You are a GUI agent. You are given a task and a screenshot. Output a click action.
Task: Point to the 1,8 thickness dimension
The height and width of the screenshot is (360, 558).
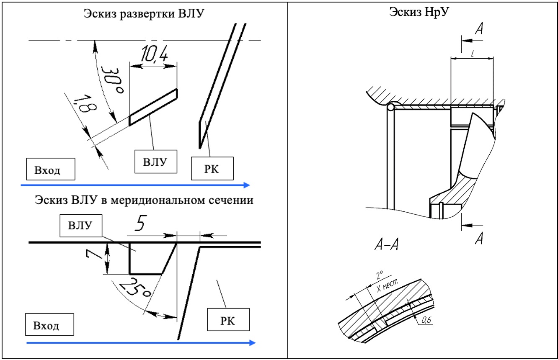(x=84, y=105)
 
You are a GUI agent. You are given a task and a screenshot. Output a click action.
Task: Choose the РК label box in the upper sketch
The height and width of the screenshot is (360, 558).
(x=212, y=168)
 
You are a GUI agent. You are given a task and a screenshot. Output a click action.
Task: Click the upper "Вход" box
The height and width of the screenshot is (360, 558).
(x=48, y=170)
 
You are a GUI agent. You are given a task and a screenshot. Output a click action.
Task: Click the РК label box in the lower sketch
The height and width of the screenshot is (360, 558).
(x=228, y=321)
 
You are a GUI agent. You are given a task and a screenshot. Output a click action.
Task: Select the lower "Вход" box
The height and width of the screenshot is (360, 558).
(x=48, y=325)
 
